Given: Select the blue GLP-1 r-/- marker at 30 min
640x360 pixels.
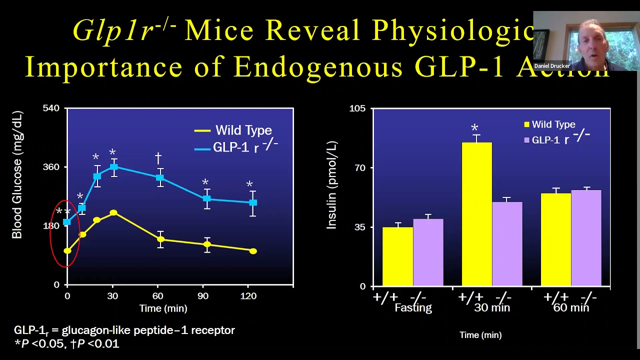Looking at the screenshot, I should [x=113, y=167].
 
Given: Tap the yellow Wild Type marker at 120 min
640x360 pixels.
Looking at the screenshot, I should [x=253, y=251].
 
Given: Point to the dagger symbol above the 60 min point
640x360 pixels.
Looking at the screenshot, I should [x=158, y=158].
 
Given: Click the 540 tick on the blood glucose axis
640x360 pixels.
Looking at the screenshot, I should [x=51, y=108].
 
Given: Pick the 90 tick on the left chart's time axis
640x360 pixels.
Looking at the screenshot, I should [x=203, y=296].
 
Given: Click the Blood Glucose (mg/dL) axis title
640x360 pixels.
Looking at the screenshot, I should [x=17, y=175].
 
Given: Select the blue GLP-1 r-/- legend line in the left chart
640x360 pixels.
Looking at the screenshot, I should [x=202, y=148].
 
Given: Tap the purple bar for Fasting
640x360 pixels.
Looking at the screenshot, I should [x=428, y=252].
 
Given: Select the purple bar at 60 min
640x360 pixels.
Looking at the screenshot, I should [x=586, y=238].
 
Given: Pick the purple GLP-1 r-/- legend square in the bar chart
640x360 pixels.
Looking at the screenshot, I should [x=526, y=140].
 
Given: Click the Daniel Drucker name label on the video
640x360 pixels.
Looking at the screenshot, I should [x=552, y=66].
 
